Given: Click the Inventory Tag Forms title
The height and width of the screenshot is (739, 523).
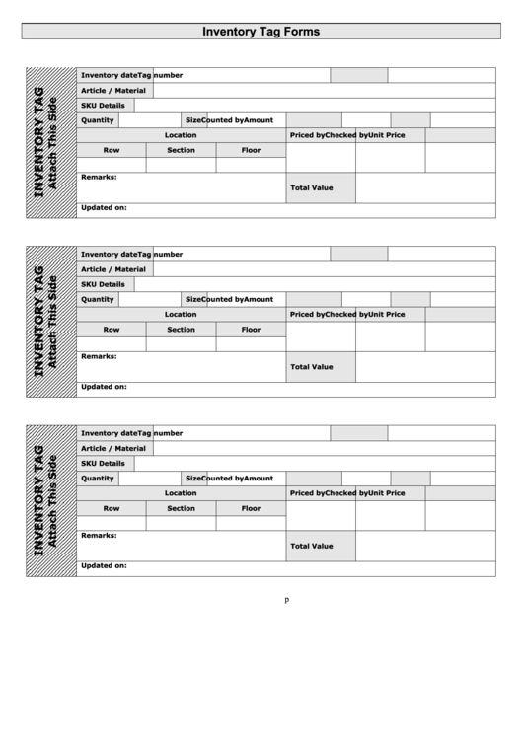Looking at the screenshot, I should pos(261,32).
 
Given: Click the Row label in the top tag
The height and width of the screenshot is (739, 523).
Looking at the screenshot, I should pos(111,150).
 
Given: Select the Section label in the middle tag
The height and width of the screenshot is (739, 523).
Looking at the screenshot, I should pos(181,330).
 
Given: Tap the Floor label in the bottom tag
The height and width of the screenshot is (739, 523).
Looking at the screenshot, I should pos(251,508).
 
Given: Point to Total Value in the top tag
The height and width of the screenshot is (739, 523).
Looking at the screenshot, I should pos(311,187).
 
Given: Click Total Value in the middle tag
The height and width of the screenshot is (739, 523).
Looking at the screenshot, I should pos(311,366).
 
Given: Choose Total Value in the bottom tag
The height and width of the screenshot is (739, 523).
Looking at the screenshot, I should pos(311,546).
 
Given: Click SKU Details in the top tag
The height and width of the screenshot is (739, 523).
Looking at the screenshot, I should pos(103,105).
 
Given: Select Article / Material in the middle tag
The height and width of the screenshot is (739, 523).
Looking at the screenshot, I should pos(112,268).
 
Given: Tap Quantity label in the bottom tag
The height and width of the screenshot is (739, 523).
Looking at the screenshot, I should pos(98,478).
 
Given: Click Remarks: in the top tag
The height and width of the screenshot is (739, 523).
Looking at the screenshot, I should pos(99,177).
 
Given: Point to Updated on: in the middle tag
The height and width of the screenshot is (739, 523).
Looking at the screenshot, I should pos(104,387).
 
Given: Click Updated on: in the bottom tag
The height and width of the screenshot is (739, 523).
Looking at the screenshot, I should pos(104,566).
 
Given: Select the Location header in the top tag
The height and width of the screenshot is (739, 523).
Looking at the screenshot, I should pos(181,135).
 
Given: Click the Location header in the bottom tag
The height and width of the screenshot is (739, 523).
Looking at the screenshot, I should pos(181,493).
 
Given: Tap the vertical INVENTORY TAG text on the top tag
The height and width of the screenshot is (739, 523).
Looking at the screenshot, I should pos(39,142).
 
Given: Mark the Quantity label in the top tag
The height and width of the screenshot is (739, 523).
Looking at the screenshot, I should pos(98,120).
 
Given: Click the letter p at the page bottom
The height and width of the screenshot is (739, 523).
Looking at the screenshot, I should pos(286,600).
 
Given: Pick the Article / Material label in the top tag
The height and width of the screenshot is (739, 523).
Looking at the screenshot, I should pos(112,90).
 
